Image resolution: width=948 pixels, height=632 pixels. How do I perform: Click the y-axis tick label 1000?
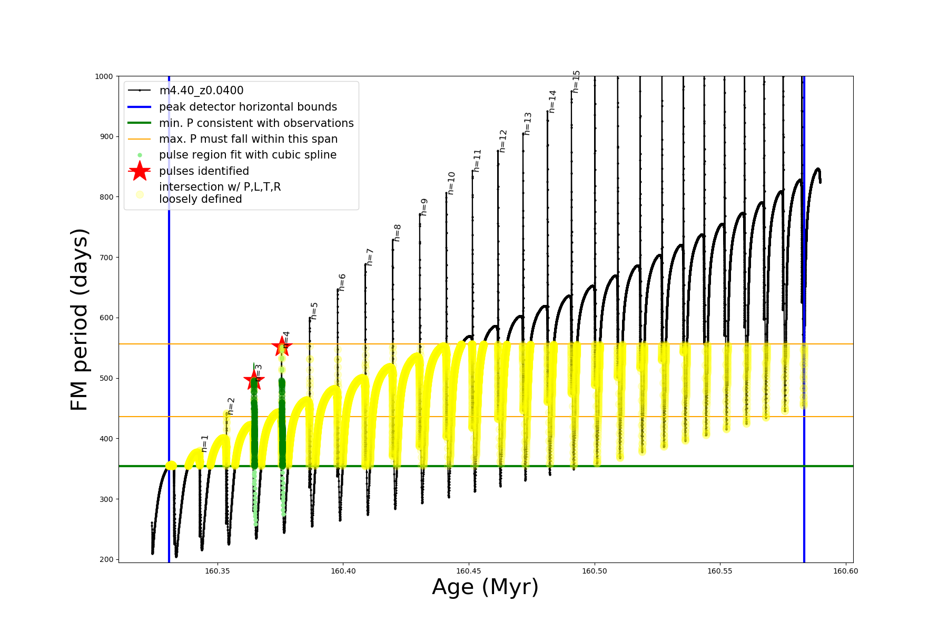click(104, 76)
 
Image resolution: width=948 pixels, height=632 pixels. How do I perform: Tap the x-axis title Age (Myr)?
click(485, 587)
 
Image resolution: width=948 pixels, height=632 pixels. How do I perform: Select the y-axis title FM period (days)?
click(79, 320)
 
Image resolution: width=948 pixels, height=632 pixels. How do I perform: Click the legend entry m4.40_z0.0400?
click(201, 91)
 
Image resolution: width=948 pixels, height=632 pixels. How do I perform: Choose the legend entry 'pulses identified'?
click(204, 171)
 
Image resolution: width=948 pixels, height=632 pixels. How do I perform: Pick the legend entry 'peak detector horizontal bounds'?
click(248, 107)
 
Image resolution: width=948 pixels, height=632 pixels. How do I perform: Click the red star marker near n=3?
click(254, 380)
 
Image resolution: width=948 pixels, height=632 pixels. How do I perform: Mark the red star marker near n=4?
click(282, 346)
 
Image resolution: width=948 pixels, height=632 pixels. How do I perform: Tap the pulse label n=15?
click(576, 82)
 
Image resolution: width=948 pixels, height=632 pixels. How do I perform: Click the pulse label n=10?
click(451, 183)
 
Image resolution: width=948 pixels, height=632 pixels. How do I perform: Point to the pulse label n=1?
click(205, 443)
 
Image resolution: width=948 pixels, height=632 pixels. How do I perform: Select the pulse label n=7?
click(370, 257)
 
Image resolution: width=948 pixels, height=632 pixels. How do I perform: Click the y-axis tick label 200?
click(106, 559)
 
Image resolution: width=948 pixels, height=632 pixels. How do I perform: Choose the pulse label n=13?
click(528, 124)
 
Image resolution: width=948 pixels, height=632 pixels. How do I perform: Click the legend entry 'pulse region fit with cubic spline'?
click(248, 155)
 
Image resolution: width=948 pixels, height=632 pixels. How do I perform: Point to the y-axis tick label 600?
click(106, 318)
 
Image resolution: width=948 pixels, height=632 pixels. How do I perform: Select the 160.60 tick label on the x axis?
click(845, 571)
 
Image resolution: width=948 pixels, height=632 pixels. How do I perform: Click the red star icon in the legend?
click(140, 171)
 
